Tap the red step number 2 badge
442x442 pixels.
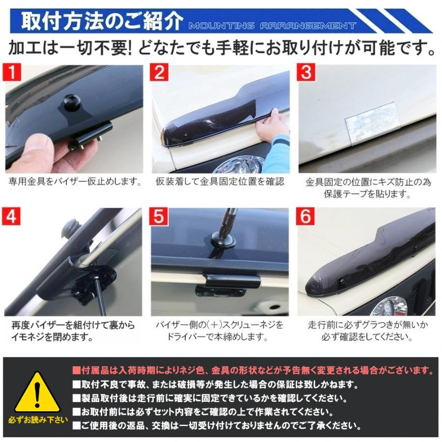pyautogui.click(x=160, y=73)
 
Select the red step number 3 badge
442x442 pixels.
pyautogui.click(x=306, y=73)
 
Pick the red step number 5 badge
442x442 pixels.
pyautogui.click(x=160, y=218)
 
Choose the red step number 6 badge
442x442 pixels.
pyautogui.click(x=306, y=218)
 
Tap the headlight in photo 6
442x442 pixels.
pyautogui.click(x=388, y=307)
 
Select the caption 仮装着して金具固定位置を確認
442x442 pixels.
pyautogui.click(x=220, y=182)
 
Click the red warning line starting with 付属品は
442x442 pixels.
pyautogui.click(x=253, y=370)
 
